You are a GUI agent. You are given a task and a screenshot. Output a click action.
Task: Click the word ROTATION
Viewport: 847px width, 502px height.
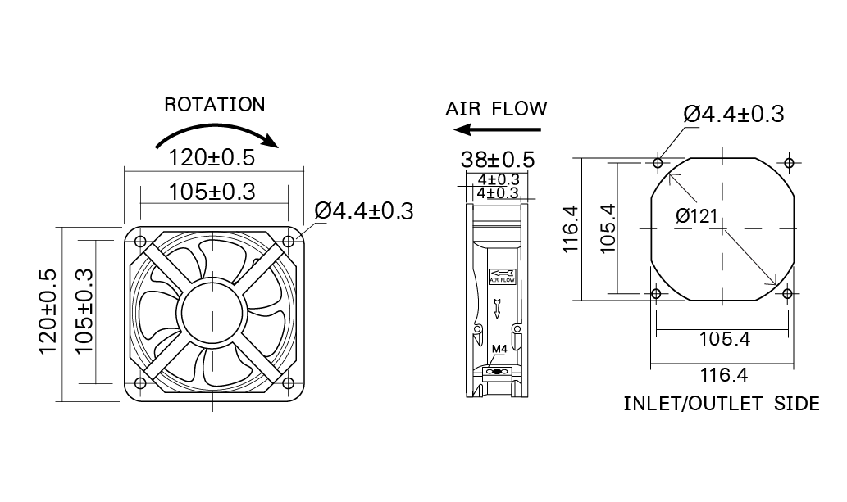tap(215, 105)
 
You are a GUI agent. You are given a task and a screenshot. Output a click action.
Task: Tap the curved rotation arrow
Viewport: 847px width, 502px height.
tap(216, 128)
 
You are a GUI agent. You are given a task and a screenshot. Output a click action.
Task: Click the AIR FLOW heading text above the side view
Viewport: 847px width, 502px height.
tap(496, 109)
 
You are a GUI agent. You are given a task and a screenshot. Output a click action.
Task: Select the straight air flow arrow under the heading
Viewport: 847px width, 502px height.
tap(497, 129)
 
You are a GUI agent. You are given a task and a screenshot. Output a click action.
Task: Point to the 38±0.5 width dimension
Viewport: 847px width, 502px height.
tap(498, 160)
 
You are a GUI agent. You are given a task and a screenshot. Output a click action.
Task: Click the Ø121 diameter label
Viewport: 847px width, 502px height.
tap(696, 216)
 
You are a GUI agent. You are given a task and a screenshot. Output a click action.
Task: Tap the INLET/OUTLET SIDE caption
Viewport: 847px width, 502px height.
tap(722, 404)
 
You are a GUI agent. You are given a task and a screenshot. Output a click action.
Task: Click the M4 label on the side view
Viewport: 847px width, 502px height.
tap(499, 350)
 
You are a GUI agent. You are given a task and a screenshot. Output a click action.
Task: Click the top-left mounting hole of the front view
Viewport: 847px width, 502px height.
tap(140, 242)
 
